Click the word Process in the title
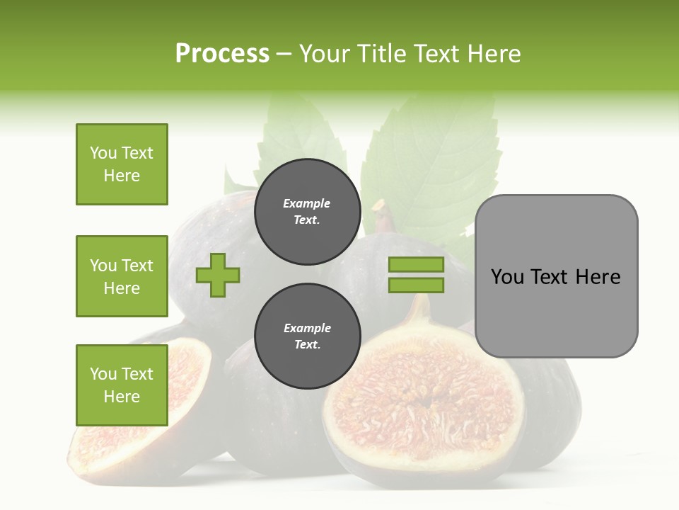(x=222, y=54)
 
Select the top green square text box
(x=122, y=164)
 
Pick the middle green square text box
(x=122, y=276)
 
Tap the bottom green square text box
(x=122, y=385)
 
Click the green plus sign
(x=218, y=275)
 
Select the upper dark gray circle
(x=307, y=212)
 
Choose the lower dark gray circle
(x=307, y=336)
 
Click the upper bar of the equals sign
(x=416, y=264)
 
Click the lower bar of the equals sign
(x=416, y=285)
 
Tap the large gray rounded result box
(x=556, y=312)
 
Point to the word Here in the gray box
(x=598, y=277)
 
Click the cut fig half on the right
(x=424, y=397)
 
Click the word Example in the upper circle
(x=307, y=204)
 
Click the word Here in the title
(x=494, y=54)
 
